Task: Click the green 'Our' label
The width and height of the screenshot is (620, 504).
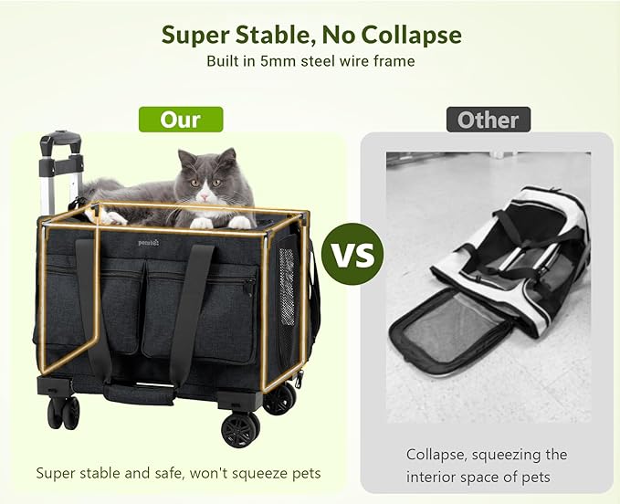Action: pos(180,120)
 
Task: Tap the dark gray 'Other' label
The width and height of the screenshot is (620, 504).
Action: pos(488,120)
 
